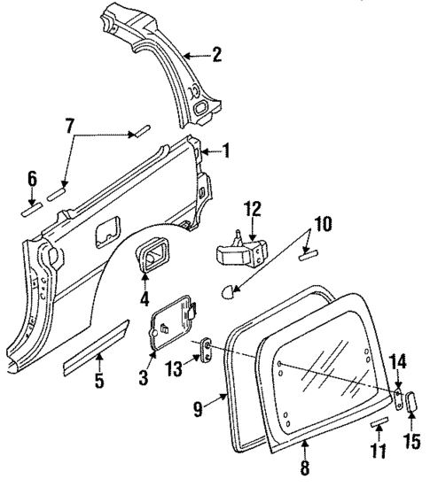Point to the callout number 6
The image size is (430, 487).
coord(32,181)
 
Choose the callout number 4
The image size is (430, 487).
coord(144,299)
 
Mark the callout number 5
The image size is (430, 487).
coord(99,382)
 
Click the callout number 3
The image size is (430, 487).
coord(145,377)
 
